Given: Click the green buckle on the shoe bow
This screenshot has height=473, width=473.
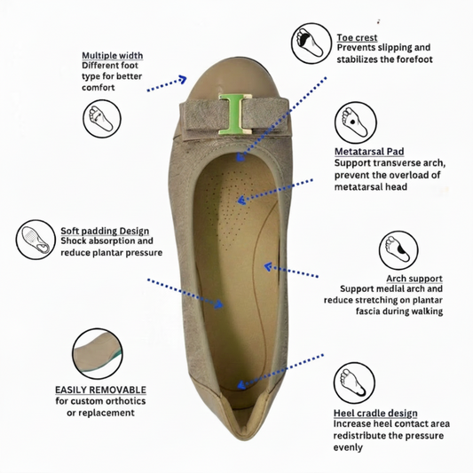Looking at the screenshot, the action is [x=235, y=114].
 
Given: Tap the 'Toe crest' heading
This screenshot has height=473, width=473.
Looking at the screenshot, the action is [x=357, y=37].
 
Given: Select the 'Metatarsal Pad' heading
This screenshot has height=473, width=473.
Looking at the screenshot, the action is [x=369, y=152].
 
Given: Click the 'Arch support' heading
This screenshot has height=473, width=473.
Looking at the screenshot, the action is [x=414, y=279].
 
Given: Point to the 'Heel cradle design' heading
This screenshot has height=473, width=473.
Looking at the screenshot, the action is [x=375, y=413].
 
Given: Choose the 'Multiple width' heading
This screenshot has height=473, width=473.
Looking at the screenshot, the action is [x=112, y=56].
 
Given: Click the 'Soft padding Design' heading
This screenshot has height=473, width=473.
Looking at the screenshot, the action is [x=105, y=231].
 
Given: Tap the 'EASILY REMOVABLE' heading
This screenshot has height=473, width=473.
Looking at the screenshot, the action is [x=100, y=390].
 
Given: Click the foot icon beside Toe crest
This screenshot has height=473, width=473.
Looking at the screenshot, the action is [x=311, y=43].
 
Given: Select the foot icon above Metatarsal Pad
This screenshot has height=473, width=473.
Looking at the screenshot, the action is [x=355, y=123].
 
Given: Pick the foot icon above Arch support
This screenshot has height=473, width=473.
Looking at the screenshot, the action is [x=398, y=250].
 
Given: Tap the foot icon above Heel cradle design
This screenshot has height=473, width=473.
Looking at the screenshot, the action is [x=354, y=382].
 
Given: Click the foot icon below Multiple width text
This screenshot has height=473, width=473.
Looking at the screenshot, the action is [x=102, y=119].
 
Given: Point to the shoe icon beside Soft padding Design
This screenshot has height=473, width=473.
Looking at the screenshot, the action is [x=35, y=240].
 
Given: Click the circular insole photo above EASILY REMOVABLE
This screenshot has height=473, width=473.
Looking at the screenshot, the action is [x=98, y=353].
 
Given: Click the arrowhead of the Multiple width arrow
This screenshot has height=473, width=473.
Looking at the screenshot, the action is [x=183, y=79].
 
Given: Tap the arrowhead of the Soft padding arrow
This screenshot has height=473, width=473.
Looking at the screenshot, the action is [x=219, y=304].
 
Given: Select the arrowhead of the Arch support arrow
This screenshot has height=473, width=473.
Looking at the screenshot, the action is [x=268, y=266].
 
